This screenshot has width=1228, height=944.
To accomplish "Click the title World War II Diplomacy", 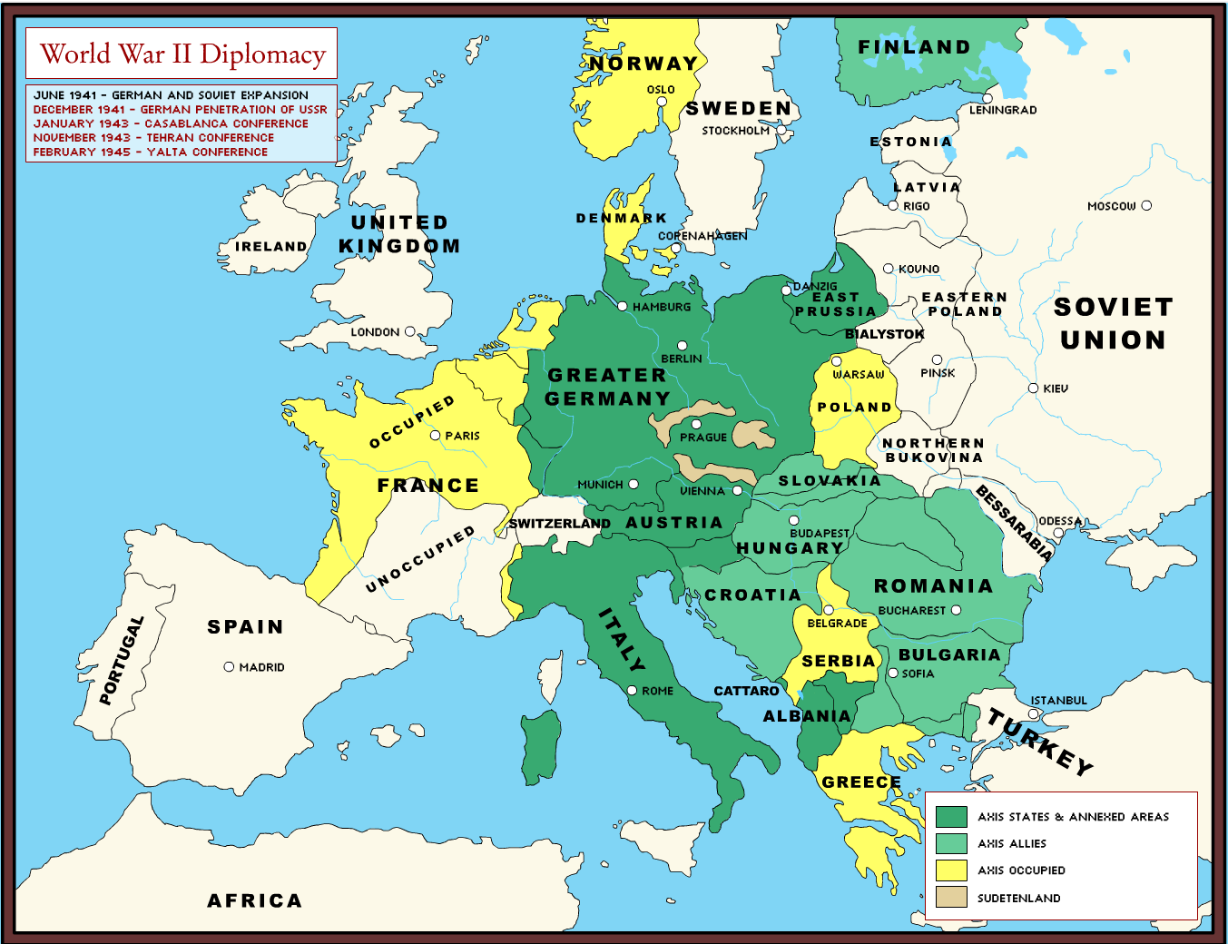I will (182, 54).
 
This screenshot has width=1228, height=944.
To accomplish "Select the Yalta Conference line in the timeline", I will (151, 152).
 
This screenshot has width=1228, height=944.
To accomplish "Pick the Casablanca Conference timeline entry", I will (171, 123).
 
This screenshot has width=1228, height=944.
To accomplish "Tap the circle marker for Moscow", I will (1146, 206).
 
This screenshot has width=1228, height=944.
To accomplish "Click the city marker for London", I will (409, 332).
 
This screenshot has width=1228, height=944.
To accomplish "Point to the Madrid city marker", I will (229, 667).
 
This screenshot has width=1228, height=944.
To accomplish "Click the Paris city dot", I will (436, 436).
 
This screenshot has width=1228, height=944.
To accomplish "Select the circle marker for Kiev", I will (1033, 388).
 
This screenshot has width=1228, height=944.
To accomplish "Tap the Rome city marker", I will (632, 691).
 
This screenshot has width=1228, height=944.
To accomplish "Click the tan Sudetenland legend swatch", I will (951, 898).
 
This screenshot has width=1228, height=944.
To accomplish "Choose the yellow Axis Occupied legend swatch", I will (951, 870).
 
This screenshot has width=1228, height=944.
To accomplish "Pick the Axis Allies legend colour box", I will (951, 843).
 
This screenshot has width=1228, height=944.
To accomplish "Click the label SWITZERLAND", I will (559, 524).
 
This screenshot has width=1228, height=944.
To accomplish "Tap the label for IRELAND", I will (270, 247).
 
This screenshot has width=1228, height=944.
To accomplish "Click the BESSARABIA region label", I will (1015, 523).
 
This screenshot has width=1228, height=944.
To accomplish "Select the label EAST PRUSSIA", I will (835, 304).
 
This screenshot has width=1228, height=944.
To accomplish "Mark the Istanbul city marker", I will (1033, 714).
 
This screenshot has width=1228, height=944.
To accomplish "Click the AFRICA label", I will (254, 900).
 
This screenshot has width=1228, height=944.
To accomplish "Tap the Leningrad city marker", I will (987, 98).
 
